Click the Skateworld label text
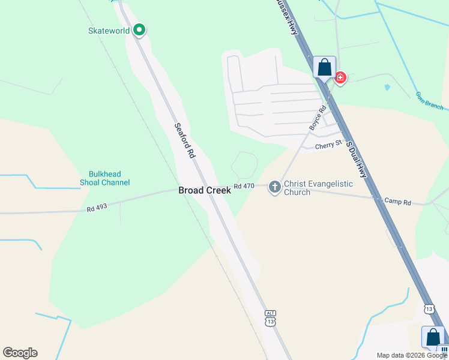coord(109,31)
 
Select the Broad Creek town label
coord(204,190)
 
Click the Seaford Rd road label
coord(185,140)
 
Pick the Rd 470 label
coord(244,186)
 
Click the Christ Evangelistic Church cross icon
coord(274,187)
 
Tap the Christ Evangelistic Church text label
coord(318,188)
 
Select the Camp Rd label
coord(397,202)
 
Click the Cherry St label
coord(328,143)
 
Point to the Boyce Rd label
coord(318,118)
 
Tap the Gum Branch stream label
coord(430,101)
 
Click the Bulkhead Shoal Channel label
coord(104,178)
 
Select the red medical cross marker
coord(340,78)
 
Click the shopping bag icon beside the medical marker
coord(324,67)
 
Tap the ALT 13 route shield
coord(271,319)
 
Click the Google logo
coord(20,353)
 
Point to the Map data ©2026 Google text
coord(412,355)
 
